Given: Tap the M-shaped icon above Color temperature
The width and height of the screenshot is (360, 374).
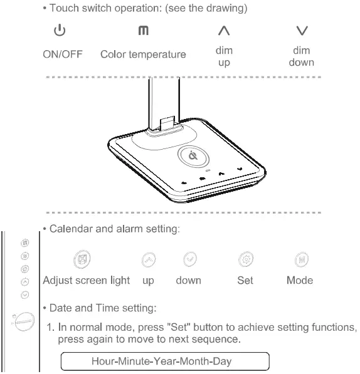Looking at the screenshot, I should [142, 31].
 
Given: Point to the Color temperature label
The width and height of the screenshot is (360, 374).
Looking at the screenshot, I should [143, 55].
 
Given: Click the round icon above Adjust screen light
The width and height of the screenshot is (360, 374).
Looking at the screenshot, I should [80, 257].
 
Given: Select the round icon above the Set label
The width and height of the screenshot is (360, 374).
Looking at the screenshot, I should [245, 257].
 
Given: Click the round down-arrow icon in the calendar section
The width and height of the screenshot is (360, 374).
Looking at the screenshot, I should [188, 257].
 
